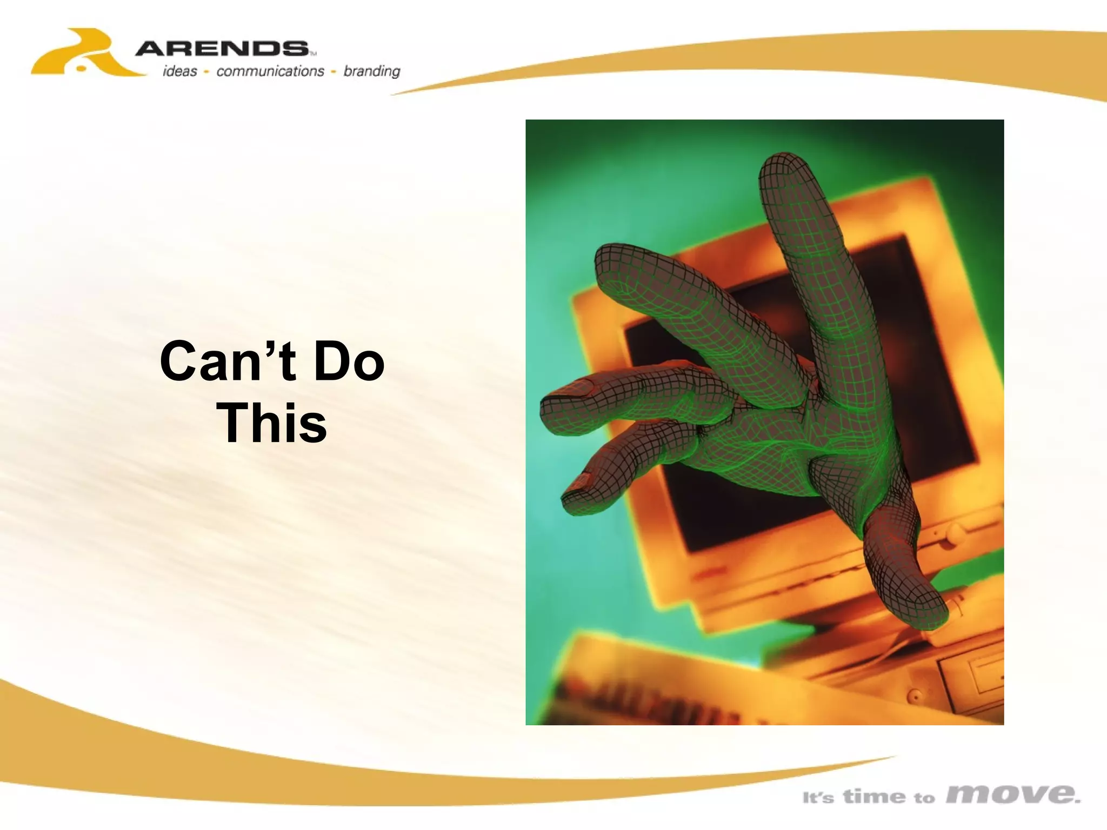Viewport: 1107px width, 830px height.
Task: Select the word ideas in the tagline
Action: tap(180, 71)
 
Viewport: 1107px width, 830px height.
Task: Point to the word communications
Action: tap(270, 71)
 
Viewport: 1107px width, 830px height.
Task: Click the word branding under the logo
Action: tap(372, 71)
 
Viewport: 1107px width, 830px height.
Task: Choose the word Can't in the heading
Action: tap(228, 361)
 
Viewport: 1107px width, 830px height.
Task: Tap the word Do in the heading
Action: tap(349, 361)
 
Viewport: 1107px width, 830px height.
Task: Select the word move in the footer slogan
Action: tap(1013, 794)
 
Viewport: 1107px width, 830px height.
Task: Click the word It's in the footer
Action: tap(818, 798)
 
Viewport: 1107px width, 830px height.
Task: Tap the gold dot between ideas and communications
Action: tap(206, 72)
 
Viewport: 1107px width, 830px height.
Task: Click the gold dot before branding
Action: tap(334, 72)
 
